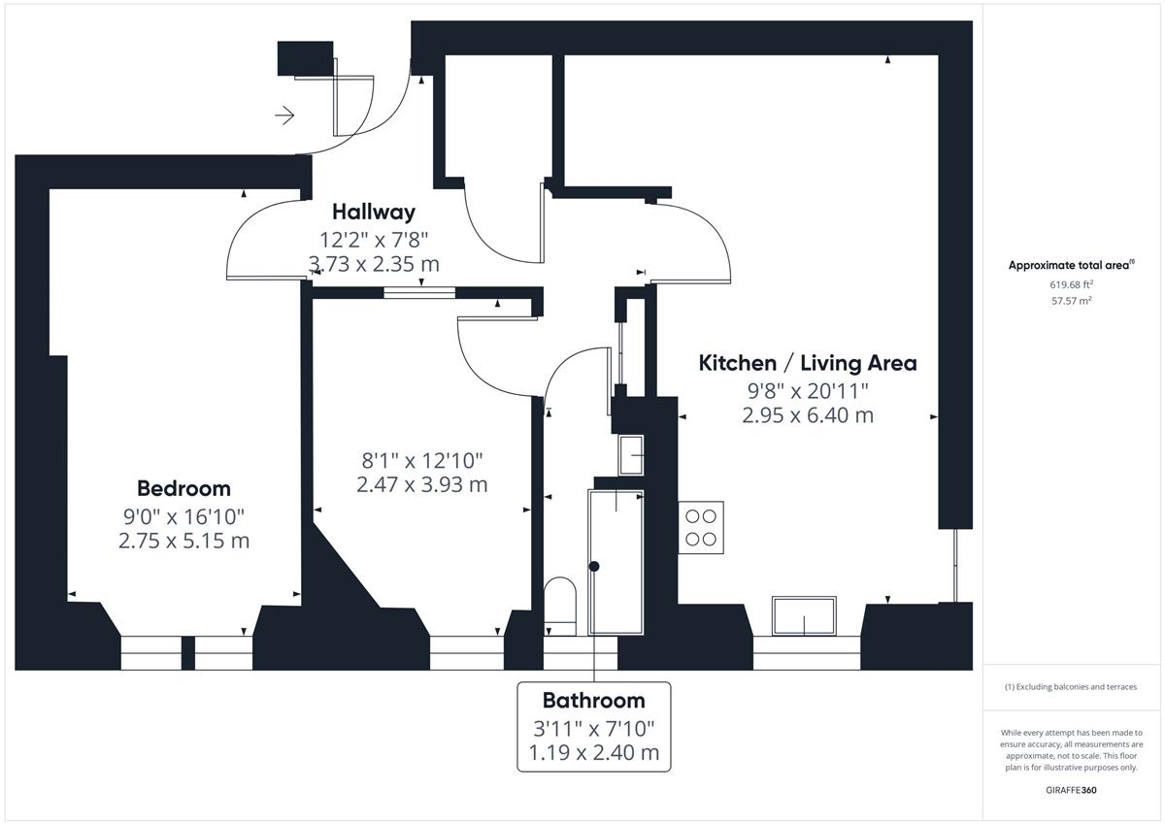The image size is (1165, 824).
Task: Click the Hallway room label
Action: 374,213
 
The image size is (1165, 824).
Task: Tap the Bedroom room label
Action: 183,489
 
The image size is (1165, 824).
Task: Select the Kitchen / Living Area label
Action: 807,363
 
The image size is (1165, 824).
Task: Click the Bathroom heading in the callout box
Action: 593,701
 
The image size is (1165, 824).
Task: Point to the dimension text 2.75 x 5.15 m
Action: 183,541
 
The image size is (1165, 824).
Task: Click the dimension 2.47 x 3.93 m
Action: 421,484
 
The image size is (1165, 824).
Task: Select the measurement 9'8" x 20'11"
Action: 808,390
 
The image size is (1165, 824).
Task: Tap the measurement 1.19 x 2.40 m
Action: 593,752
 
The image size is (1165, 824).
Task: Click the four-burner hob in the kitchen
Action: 701,528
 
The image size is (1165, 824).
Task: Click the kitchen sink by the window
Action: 804,616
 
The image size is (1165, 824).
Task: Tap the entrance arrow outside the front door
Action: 284,115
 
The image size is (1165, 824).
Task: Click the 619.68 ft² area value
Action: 1071,284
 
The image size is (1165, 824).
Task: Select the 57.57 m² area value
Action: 1071,301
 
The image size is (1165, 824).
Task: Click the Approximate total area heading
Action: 1071,265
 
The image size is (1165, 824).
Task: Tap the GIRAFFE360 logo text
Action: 1071,790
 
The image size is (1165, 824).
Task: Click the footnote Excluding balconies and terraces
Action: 1071,687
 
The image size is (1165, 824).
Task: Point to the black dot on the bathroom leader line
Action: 594,566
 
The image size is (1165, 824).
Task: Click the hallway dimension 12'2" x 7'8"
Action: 374,240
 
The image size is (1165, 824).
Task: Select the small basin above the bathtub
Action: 631,455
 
